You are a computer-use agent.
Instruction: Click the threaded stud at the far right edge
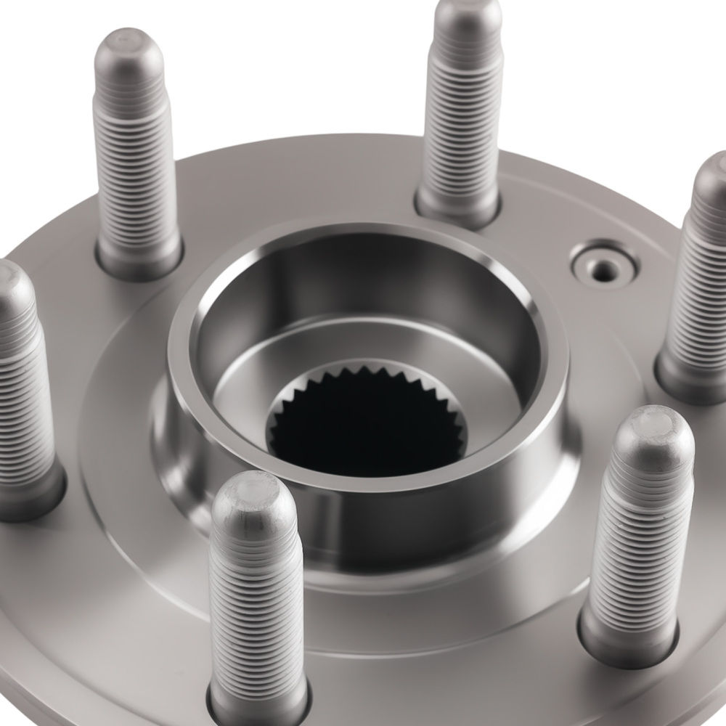(701, 276)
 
